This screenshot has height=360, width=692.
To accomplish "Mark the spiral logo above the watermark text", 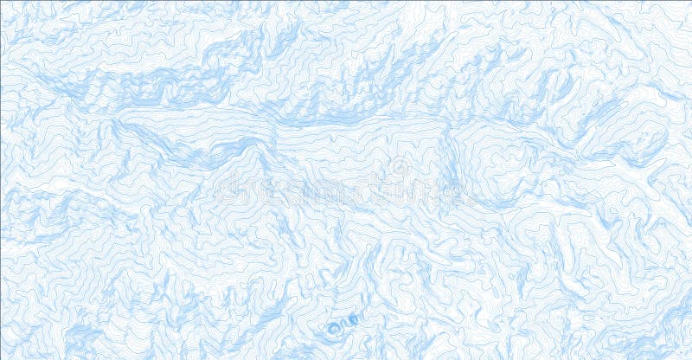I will (x=400, y=165).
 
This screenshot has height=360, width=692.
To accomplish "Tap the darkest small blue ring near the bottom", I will (x=333, y=328).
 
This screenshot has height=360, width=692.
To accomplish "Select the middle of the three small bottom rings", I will (x=343, y=325).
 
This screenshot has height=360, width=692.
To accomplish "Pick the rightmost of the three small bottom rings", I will (x=352, y=321).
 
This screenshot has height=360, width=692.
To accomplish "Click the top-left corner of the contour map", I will (x=1, y=1).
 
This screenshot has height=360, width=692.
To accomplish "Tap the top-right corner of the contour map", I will (x=690, y=1).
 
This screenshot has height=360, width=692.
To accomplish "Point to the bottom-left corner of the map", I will (x=1, y=358).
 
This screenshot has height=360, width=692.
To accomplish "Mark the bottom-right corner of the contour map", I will (x=690, y=358).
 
